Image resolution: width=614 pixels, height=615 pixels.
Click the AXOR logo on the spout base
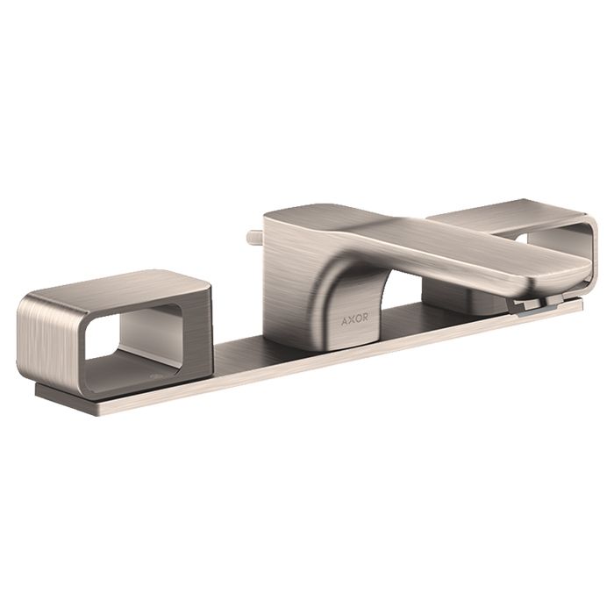click(x=354, y=319)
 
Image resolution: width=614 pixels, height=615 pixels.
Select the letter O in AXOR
click(x=358, y=319)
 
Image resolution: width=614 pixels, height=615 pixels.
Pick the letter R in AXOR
click(x=365, y=318)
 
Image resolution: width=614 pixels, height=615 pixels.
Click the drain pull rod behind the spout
click(x=255, y=238)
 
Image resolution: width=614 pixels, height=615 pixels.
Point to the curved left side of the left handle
click(x=47, y=341)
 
